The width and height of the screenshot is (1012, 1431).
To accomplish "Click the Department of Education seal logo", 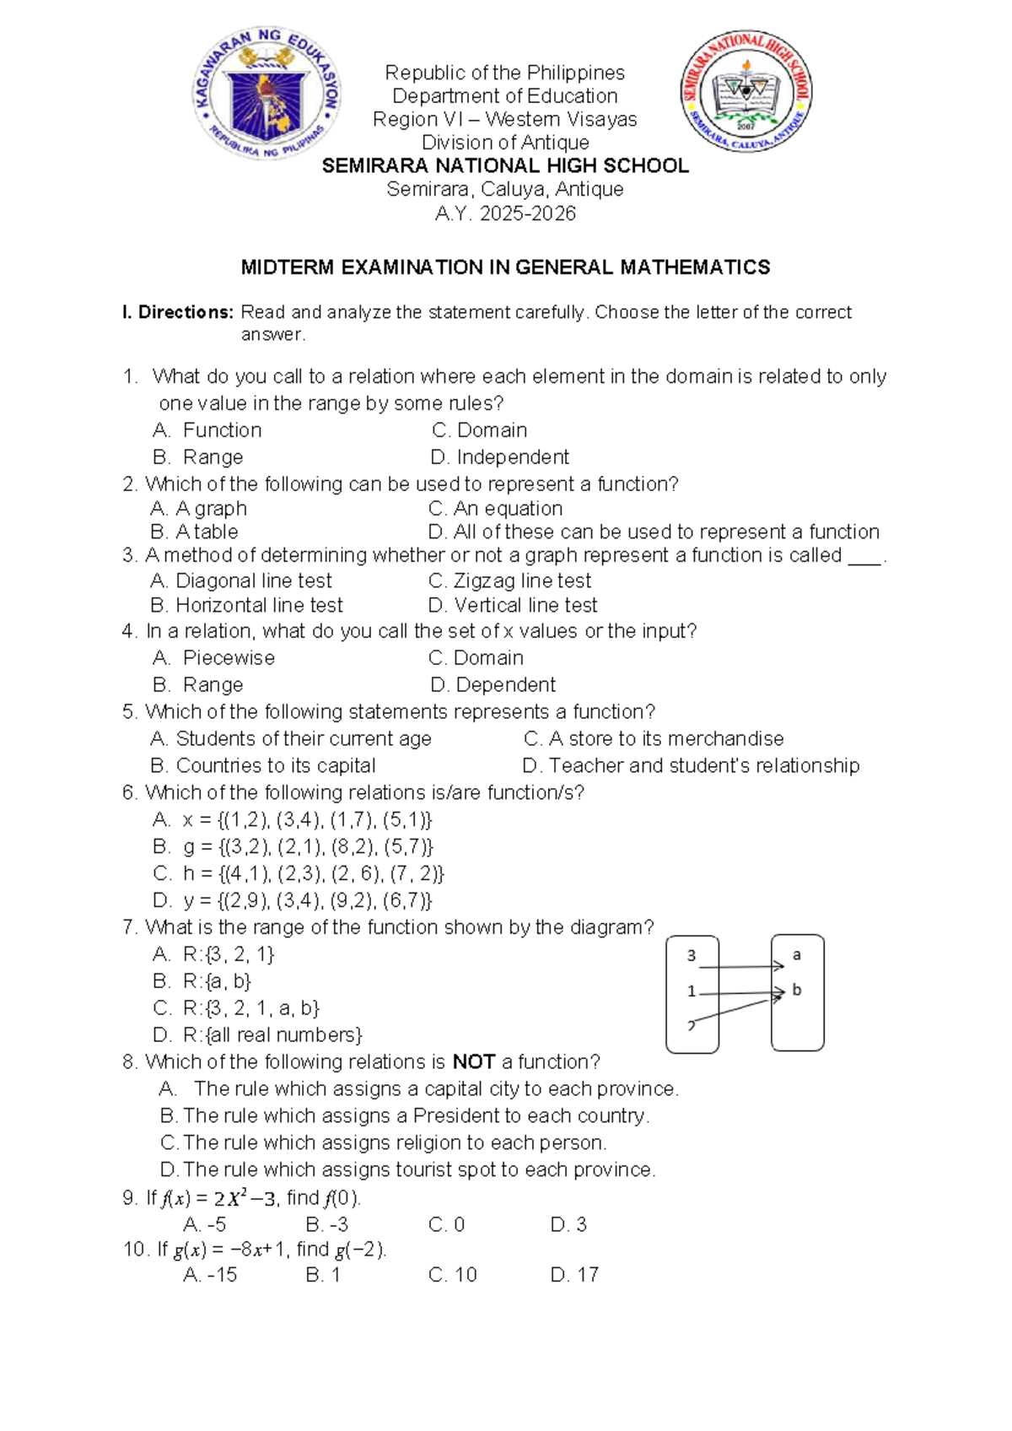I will coord(266,94).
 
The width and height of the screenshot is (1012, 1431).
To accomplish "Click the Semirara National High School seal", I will coord(746,92).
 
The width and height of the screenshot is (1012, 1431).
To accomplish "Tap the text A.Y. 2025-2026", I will coord(504,213).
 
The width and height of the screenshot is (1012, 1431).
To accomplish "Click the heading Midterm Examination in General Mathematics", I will coord(504,267).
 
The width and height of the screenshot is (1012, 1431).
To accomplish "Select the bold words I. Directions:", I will coord(177,312).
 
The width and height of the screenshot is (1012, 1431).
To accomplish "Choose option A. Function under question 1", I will coord(207,430).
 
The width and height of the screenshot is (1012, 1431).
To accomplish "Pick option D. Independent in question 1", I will coord(499,457).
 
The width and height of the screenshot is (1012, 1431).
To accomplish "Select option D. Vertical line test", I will coord(513,605).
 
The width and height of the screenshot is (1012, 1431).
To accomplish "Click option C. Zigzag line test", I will coord(509,580).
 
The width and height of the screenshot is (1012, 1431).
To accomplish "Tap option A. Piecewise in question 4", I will coord(214,658).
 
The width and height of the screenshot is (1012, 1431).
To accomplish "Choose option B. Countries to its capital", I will coord(263,765).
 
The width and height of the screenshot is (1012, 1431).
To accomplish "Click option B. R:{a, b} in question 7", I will coord(202,981).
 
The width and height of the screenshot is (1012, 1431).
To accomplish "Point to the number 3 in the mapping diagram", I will coord(692,956).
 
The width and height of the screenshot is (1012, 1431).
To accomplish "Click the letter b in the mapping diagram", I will coord(797,991).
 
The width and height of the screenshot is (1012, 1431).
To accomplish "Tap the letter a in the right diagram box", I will coord(797,955).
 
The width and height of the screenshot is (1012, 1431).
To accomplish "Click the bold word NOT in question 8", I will coord(473,1061).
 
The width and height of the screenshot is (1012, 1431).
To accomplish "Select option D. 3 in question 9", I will coord(568,1224).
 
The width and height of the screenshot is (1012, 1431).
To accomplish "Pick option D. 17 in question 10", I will coord(574,1275).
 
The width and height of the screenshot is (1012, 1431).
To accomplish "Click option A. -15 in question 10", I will coord(210,1275).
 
